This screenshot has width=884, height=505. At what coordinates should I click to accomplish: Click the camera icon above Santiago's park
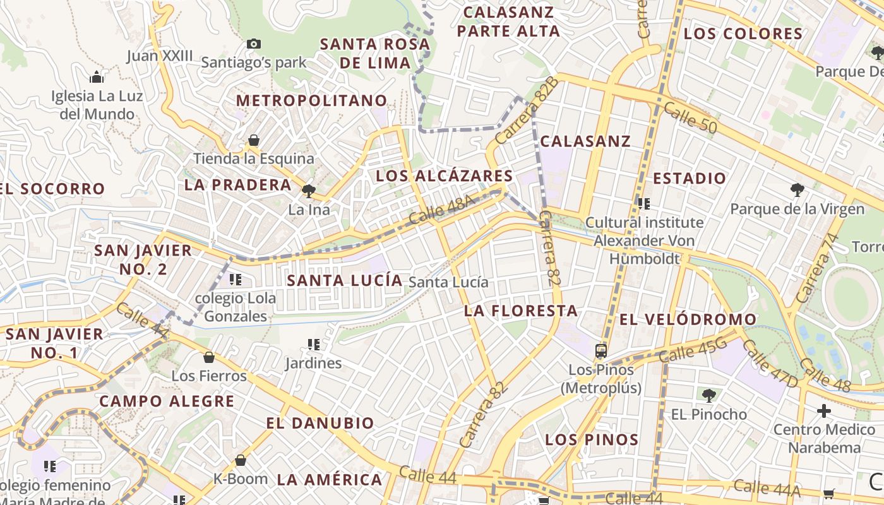tap(254, 44)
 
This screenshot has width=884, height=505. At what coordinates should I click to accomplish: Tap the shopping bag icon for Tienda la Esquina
tap(254, 140)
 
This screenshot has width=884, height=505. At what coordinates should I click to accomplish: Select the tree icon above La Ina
tap(309, 190)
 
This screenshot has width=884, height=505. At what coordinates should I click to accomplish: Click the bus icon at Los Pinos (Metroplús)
tap(601, 350)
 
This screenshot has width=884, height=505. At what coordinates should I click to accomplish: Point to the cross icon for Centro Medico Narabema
tap(824, 411)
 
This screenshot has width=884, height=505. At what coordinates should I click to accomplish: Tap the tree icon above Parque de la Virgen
tap(797, 189)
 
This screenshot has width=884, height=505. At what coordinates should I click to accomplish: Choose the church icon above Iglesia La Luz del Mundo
tap(97, 77)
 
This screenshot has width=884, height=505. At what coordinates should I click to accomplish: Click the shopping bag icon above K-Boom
tap(240, 460)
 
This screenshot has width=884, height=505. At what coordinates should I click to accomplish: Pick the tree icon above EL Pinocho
tap(709, 396)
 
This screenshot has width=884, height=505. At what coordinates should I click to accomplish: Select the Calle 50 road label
tap(690, 119)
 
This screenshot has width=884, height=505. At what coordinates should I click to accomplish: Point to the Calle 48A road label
tap(441, 210)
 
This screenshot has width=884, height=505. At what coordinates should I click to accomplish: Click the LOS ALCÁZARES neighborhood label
tap(445, 175)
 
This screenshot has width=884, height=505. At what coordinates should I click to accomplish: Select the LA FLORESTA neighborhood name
tap(521, 311)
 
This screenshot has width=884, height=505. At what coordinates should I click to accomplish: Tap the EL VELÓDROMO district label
tap(688, 319)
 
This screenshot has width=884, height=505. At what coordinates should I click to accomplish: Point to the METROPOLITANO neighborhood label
tap(311, 100)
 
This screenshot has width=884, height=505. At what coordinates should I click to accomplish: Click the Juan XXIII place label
tap(160, 56)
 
